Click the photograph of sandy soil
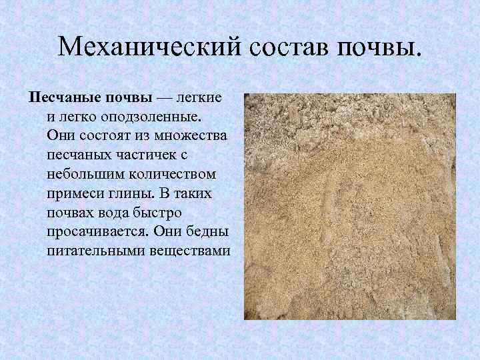point(350,207)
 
